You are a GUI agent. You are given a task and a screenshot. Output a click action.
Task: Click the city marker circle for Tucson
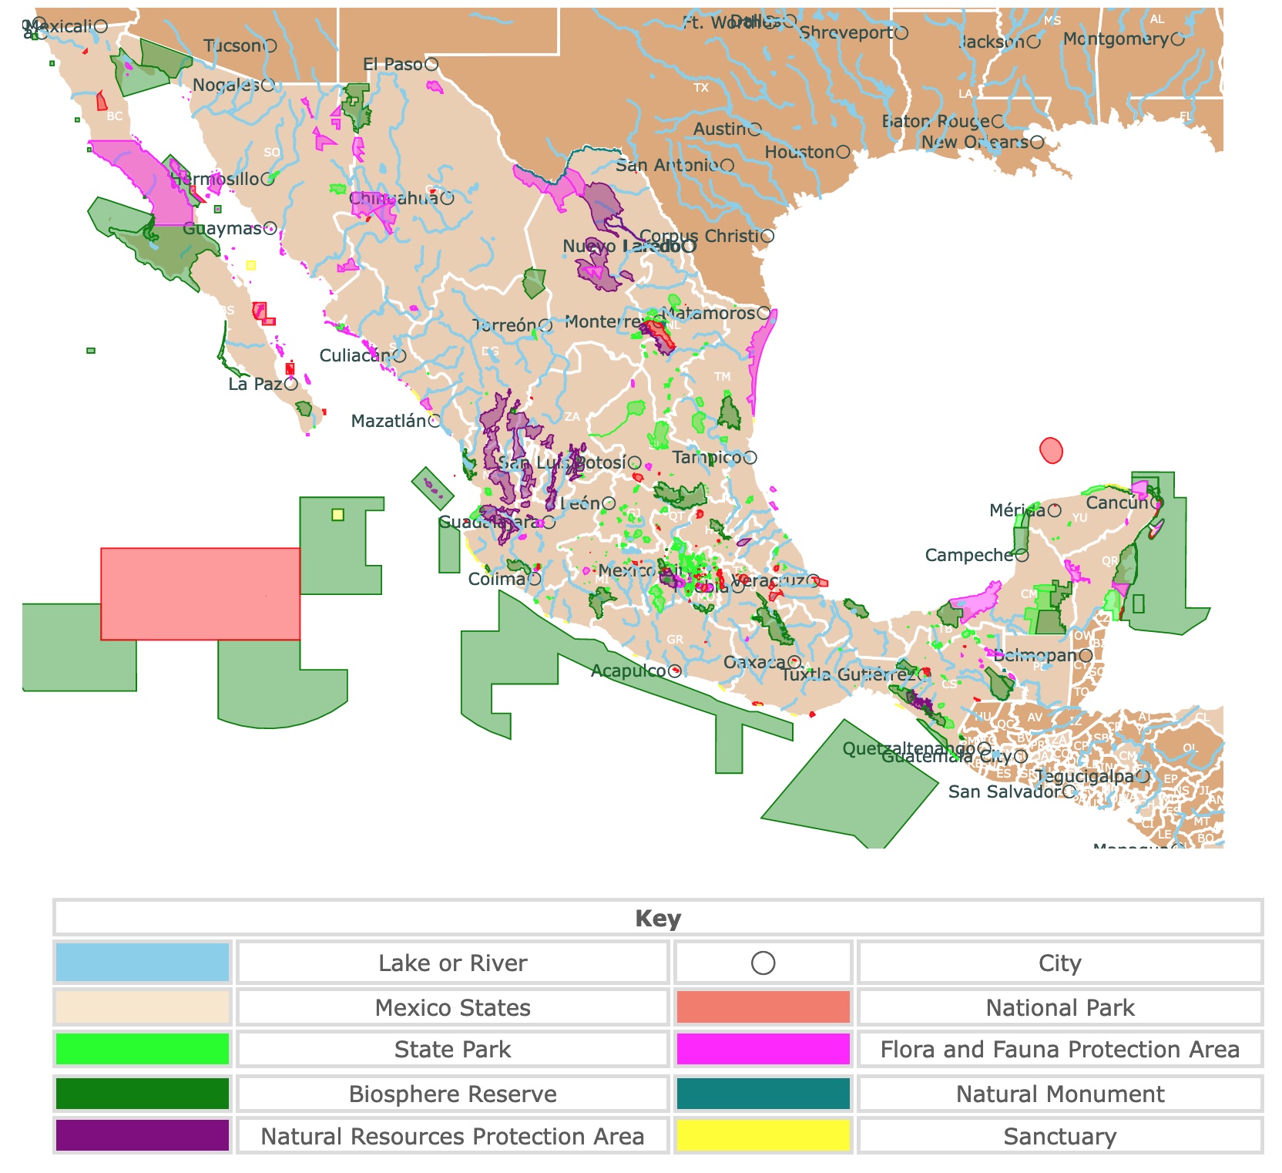[270, 46]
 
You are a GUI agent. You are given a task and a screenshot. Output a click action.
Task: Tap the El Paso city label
[393, 65]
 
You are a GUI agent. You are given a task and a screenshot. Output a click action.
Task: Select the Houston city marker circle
[844, 153]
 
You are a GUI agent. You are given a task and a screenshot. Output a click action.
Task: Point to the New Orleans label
[975, 143]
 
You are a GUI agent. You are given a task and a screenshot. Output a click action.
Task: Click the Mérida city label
[1018, 510]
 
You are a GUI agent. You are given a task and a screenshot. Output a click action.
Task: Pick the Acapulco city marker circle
[675, 671]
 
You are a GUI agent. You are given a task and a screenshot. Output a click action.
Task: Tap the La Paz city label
[255, 384]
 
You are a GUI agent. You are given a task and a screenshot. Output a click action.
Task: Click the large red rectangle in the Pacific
[200, 593]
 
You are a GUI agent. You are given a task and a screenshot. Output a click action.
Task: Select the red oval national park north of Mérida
[1051, 450]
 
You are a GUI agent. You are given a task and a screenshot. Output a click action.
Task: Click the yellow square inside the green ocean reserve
[337, 515]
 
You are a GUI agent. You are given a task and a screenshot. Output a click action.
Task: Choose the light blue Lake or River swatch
[143, 963]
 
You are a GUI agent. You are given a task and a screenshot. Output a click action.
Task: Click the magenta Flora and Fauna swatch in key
[763, 1049]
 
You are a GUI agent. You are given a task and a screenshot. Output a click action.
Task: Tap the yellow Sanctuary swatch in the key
[763, 1135]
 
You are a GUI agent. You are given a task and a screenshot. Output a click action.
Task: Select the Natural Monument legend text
[1059, 1094]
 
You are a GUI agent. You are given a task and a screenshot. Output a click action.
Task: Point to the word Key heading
[658, 919]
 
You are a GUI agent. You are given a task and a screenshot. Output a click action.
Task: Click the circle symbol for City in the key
[763, 963]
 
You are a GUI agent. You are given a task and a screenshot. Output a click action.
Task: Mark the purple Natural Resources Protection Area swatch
[143, 1135]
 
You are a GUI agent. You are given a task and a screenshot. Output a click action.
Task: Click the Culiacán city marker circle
[399, 356]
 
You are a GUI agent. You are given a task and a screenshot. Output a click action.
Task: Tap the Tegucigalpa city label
[1083, 777]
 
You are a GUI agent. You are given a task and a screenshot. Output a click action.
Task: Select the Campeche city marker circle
[1022, 555]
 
